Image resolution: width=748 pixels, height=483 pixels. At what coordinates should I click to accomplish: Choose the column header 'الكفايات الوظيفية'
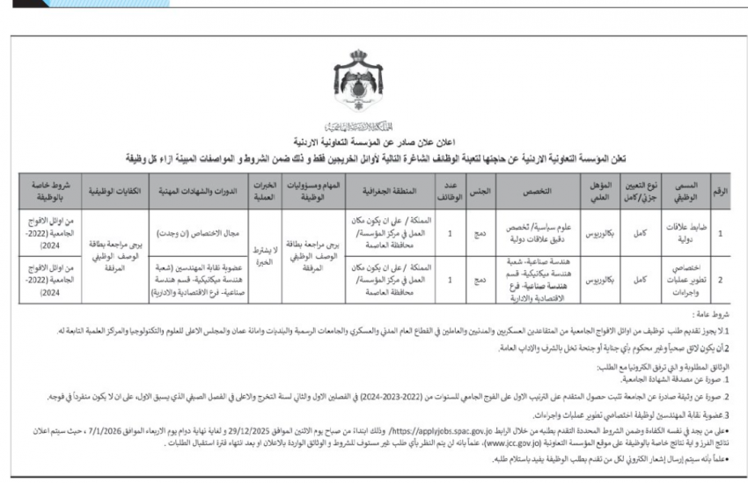coord(106,189)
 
